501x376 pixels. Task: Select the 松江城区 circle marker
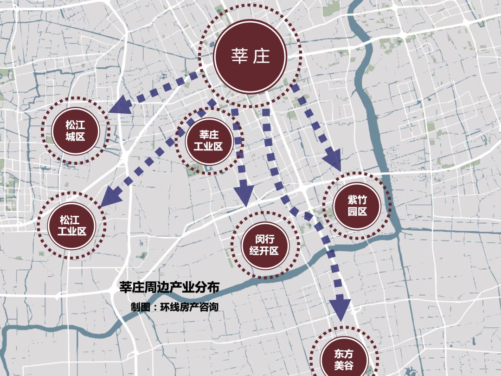(x=75, y=130)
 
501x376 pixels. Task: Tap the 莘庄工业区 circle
(x=209, y=141)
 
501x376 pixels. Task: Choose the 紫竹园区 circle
(x=357, y=206)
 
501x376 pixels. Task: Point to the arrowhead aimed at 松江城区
(x=119, y=106)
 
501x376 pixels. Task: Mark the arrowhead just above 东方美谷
(x=341, y=309)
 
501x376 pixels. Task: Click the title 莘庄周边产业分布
(x=169, y=287)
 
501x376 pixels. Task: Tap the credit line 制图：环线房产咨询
(x=174, y=307)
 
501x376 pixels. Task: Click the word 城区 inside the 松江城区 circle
(x=75, y=136)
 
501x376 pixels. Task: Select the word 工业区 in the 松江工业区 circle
(x=72, y=231)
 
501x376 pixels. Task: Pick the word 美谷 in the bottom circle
(x=344, y=365)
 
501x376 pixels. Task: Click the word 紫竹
(x=357, y=200)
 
